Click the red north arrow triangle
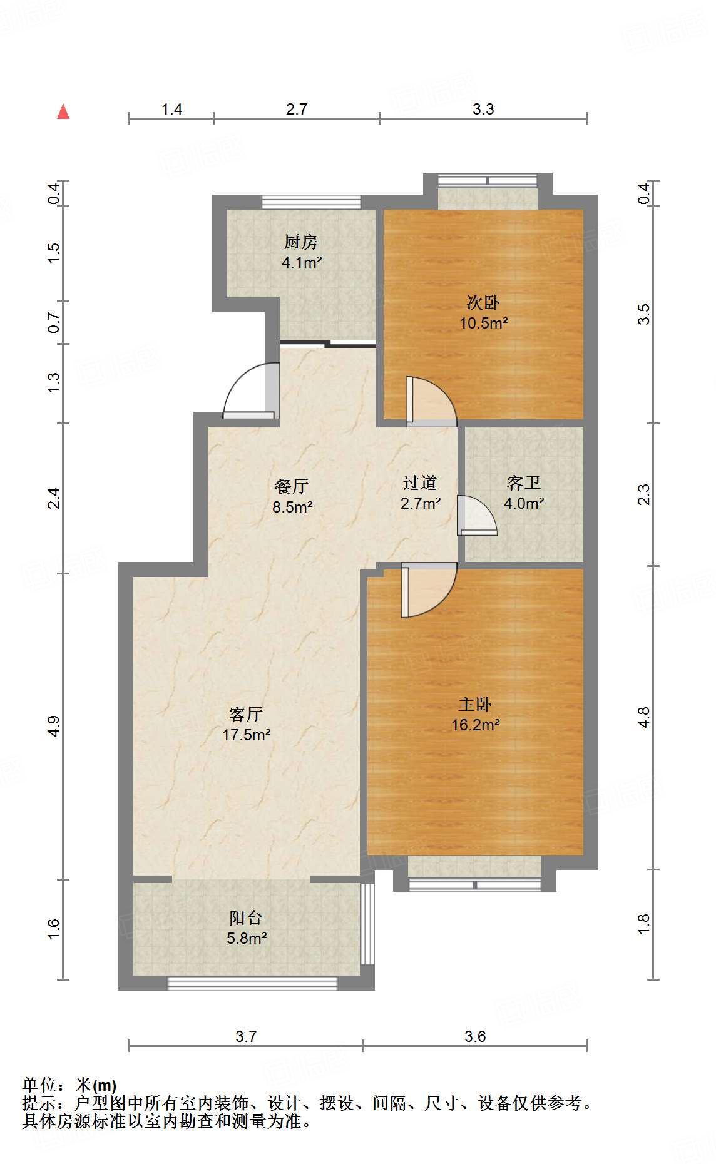pyautogui.click(x=63, y=111)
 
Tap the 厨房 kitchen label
pyautogui.click(x=301, y=242)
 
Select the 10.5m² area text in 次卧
pyautogui.click(x=484, y=324)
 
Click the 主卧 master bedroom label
pyautogui.click(x=475, y=705)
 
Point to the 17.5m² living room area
pyautogui.click(x=246, y=735)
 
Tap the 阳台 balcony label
pyautogui.click(x=246, y=918)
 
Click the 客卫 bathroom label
pyautogui.click(x=524, y=482)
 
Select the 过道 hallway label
pyautogui.click(x=420, y=482)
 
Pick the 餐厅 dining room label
pyautogui.click(x=292, y=486)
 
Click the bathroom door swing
pyautogui.click(x=477, y=516)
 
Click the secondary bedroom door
pyautogui.click(x=431, y=401)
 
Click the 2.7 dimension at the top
pyautogui.click(x=297, y=110)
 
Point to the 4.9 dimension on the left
pyautogui.click(x=54, y=726)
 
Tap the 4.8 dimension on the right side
pyautogui.click(x=644, y=717)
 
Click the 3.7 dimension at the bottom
pyautogui.click(x=246, y=1037)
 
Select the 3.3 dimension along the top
pyautogui.click(x=483, y=110)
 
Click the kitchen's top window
pyautogui.click(x=312, y=202)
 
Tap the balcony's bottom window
pyautogui.click(x=252, y=983)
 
